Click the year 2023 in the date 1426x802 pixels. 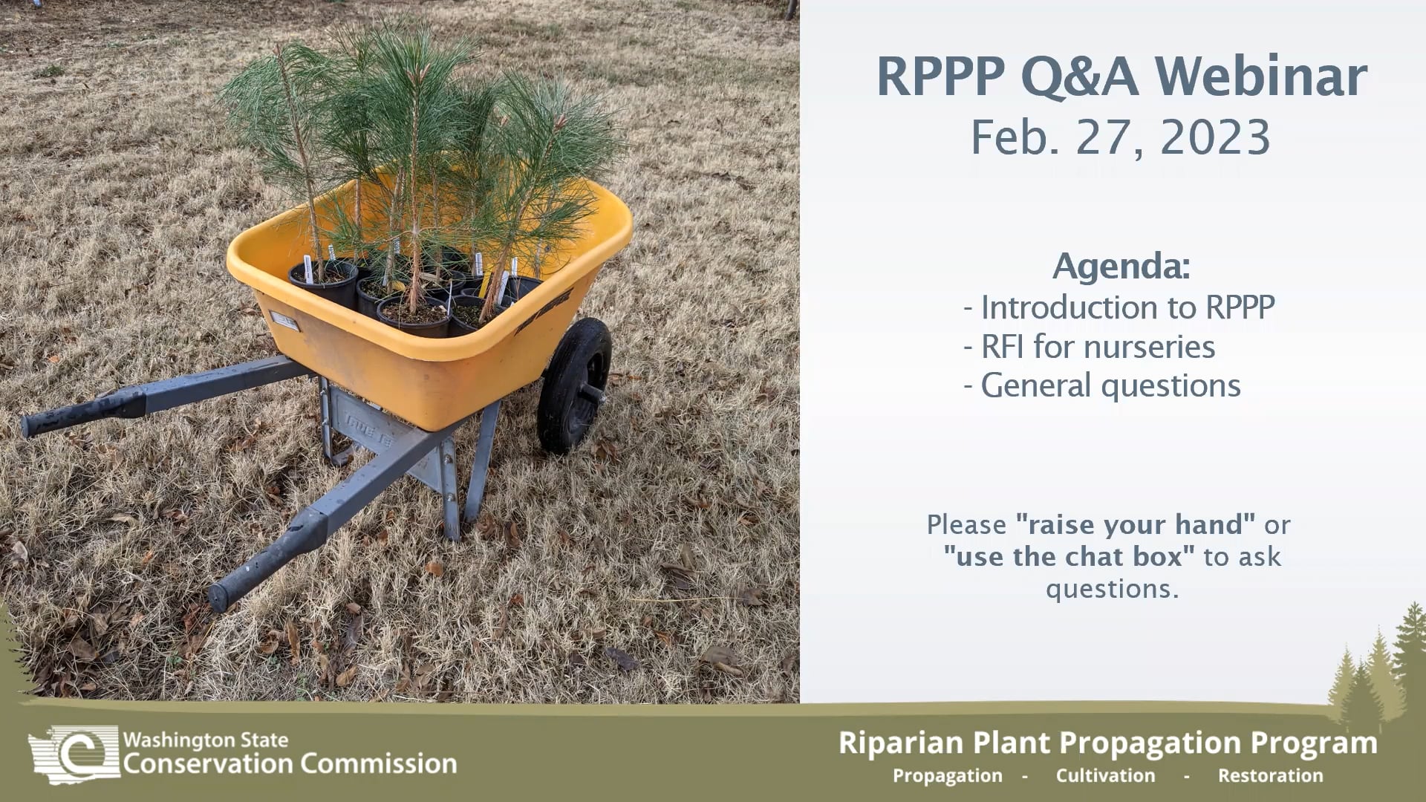(x=1215, y=137)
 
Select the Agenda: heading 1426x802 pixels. (x=1121, y=266)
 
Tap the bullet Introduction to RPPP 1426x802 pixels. (x=1120, y=307)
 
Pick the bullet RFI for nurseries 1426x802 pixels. (x=1090, y=347)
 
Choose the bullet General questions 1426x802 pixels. (x=1102, y=386)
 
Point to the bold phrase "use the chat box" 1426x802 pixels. (x=1069, y=557)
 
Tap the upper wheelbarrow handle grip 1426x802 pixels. (x=82, y=413)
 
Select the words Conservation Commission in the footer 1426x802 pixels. (x=290, y=764)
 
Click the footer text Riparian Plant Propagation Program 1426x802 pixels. (x=1107, y=743)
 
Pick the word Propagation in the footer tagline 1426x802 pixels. (x=947, y=776)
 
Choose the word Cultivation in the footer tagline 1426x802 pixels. (x=1105, y=776)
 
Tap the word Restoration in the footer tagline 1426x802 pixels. (x=1270, y=776)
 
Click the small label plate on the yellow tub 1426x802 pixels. (x=284, y=320)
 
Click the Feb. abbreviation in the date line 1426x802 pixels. (x=1016, y=137)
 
